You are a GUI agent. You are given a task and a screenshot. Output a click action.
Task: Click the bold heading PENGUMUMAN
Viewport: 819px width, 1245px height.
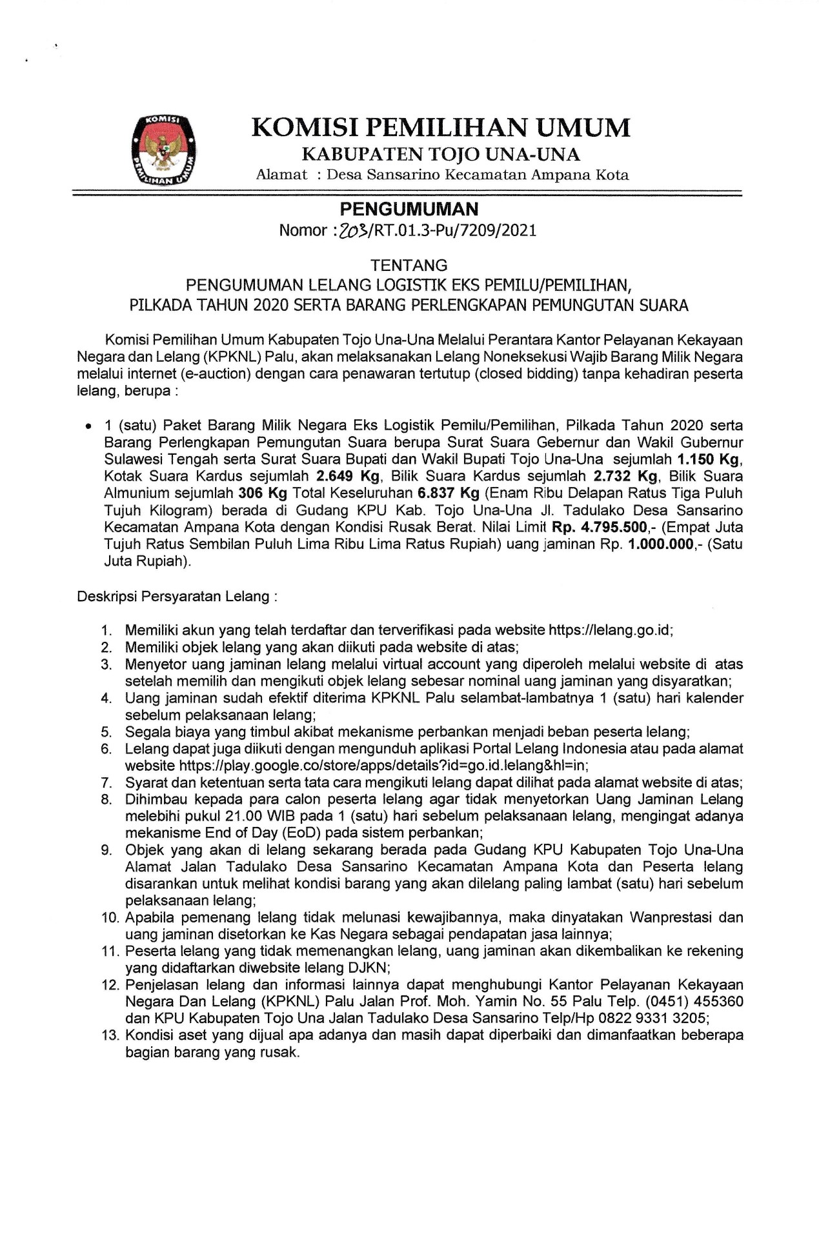click(409, 209)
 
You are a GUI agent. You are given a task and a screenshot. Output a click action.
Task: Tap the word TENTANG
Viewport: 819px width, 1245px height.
click(409, 265)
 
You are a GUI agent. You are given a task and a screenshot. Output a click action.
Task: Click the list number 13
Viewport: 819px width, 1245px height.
click(110, 1035)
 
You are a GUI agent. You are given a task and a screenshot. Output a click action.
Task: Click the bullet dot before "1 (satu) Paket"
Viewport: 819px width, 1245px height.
click(88, 427)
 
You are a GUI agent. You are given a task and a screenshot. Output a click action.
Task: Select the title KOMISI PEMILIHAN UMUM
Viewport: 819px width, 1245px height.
click(441, 128)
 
